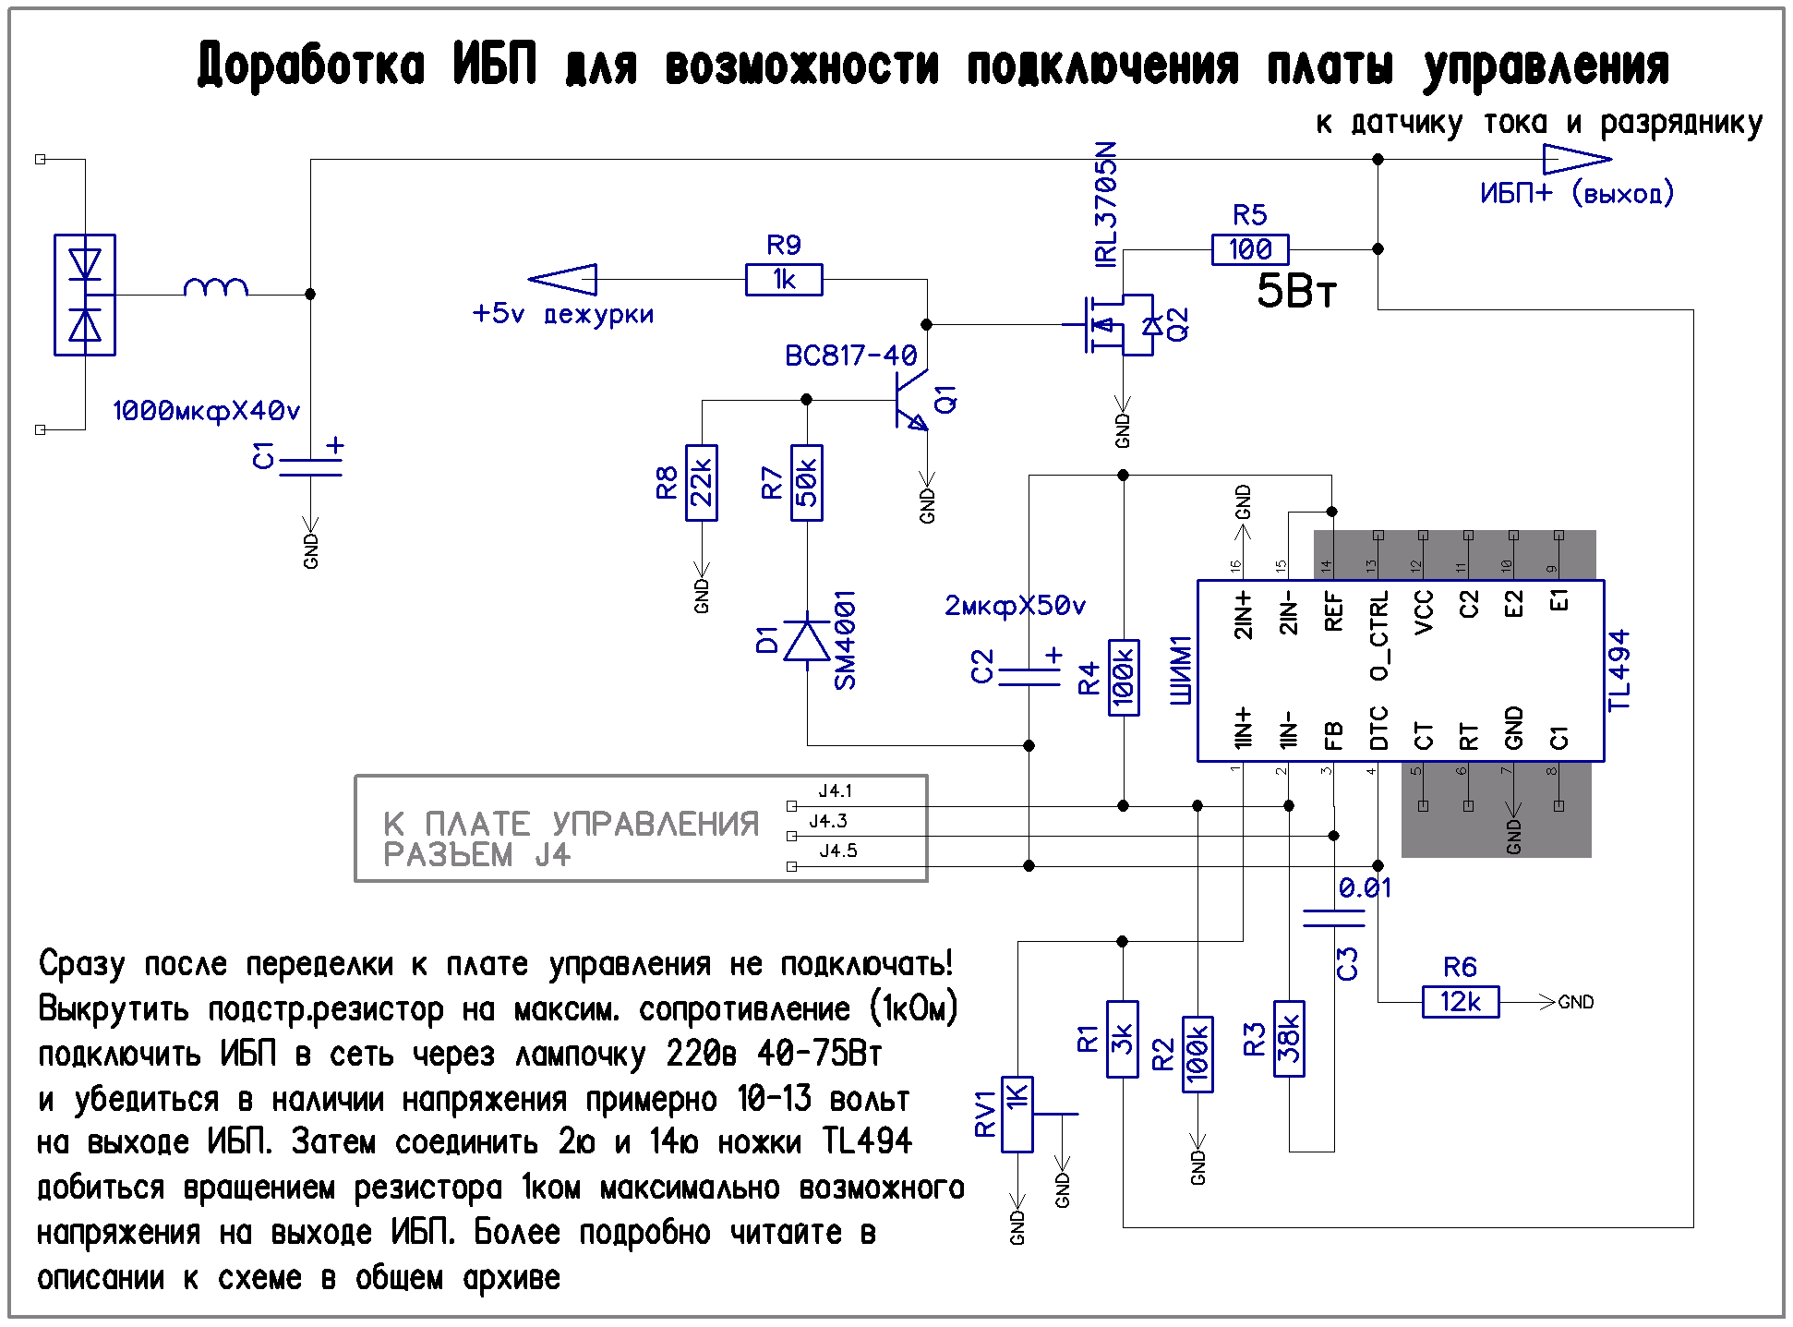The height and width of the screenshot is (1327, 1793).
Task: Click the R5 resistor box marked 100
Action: click(1249, 249)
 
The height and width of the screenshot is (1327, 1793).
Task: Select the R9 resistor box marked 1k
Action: click(783, 280)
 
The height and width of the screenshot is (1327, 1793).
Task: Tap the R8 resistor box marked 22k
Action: click(702, 483)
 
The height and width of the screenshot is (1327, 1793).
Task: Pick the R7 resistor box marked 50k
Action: click(807, 483)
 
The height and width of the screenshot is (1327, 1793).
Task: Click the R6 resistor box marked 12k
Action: click(1461, 1002)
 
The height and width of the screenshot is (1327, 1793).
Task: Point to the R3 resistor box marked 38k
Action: click(1289, 1039)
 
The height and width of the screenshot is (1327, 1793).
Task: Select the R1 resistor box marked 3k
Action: click(1122, 1039)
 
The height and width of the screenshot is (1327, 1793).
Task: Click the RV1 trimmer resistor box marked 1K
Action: click(1017, 1115)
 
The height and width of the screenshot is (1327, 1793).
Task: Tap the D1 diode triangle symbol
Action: click(807, 640)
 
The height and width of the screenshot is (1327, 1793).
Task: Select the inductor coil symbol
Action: click(216, 287)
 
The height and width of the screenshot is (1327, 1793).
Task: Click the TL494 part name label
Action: click(1619, 670)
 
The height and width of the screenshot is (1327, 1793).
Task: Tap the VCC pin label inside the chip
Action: click(1424, 611)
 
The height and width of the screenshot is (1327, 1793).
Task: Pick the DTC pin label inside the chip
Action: click(1378, 728)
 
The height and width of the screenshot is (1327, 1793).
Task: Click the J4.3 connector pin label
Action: click(828, 821)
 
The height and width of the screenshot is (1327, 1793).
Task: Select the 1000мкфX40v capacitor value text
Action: click(206, 411)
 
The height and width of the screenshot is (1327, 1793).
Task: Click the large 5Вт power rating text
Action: click(1296, 291)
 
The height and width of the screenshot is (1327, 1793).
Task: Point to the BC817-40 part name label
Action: click(850, 356)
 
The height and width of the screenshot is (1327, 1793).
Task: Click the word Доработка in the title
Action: click(311, 66)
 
